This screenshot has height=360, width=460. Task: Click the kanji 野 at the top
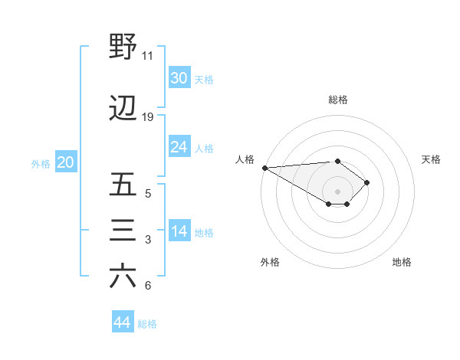[123, 48]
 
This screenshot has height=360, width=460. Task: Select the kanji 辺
[123, 110]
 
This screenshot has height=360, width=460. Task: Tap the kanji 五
[123, 186]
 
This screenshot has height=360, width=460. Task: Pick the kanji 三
[123, 231]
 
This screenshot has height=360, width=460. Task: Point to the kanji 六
[123, 277]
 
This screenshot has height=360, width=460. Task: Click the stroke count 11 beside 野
[147, 56]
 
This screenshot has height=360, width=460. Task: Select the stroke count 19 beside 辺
[147, 117]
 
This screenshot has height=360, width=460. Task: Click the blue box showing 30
[179, 78]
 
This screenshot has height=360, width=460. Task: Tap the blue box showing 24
[179, 147]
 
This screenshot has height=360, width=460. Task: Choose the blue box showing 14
[179, 231]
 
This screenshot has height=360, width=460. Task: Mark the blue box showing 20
[66, 162]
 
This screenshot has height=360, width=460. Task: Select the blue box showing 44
[123, 322]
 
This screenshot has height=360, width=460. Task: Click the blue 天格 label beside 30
[203, 80]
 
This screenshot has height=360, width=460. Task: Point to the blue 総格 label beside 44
[147, 324]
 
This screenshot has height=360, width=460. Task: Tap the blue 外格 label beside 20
[41, 163]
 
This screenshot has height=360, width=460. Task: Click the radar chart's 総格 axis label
[337, 100]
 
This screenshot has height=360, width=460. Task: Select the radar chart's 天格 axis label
[431, 159]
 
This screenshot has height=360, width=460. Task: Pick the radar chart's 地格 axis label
[402, 263]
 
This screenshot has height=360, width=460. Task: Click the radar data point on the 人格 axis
[264, 167]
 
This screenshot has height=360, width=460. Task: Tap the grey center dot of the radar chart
[337, 190]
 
